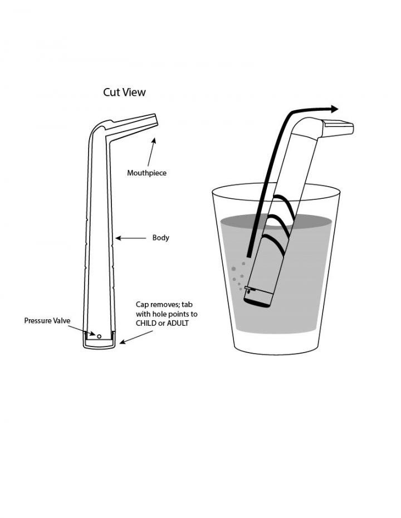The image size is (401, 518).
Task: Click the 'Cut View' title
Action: (x=124, y=92)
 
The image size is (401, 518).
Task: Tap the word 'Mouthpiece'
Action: (x=146, y=173)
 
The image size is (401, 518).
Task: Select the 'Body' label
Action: (x=160, y=238)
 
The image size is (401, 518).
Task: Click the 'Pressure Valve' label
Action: (x=47, y=321)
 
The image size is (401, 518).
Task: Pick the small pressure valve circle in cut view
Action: (x=99, y=336)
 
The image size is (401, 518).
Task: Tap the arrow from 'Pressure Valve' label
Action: (x=84, y=330)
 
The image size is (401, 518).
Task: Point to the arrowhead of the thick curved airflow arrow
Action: (x=334, y=109)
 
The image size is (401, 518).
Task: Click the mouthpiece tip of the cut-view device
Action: (x=154, y=120)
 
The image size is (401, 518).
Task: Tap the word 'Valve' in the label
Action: (x=61, y=321)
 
